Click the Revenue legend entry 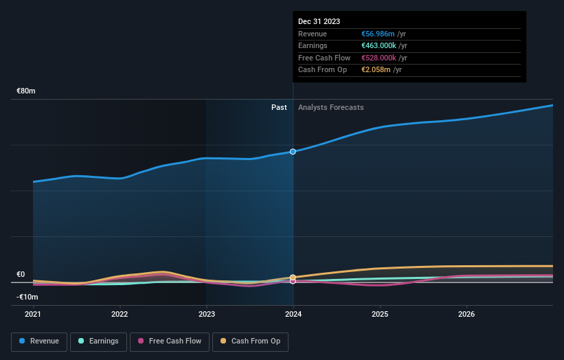pos(39,341)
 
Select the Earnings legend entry pos(98,341)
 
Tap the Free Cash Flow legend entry pos(170,341)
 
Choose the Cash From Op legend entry pos(251,341)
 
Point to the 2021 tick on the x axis pos(33,315)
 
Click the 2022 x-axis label pos(120,315)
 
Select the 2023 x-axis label pos(207,315)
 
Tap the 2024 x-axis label pos(293,315)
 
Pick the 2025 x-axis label pos(380,315)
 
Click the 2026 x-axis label pos(466,315)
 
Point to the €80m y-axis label pos(26,91)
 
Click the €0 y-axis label pos(21,274)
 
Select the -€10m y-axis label pos(27,297)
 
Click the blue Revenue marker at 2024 pos(293,151)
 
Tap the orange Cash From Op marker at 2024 pos(293,278)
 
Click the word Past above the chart pos(279,107)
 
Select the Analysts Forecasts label pos(330,107)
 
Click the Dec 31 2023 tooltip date pos(319,22)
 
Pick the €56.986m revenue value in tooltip pos(379,34)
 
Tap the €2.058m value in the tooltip pos(376,70)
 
